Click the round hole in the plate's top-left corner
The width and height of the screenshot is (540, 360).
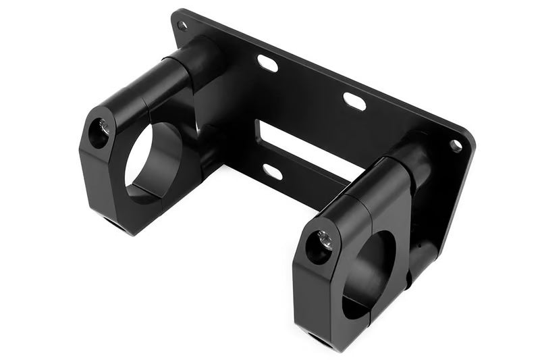click(182, 26)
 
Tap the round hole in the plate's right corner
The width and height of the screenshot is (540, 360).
click(456, 145)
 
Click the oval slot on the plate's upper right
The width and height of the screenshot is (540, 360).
click(354, 101)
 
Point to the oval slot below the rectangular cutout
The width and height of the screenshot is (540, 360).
click(272, 172)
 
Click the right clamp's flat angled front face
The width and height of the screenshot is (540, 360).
click(315, 290)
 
